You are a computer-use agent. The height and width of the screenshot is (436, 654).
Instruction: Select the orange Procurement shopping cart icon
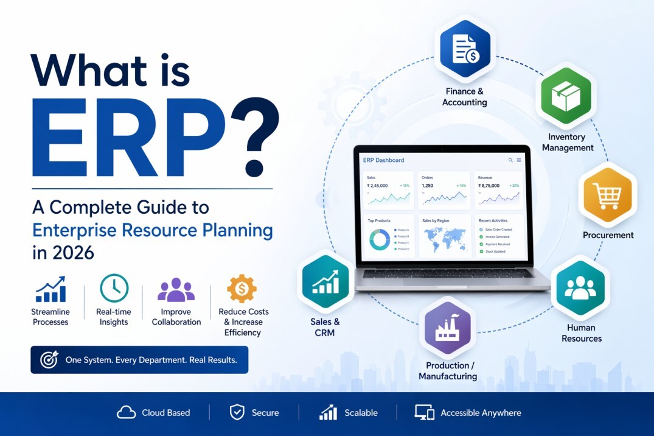pyautogui.click(x=607, y=195)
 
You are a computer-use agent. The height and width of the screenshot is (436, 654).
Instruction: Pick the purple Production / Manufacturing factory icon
pyautogui.click(x=448, y=328)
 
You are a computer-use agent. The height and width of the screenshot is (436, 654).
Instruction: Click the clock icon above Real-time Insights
pyautogui.click(x=114, y=289)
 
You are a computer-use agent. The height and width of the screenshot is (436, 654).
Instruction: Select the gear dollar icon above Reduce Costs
pyautogui.click(x=242, y=289)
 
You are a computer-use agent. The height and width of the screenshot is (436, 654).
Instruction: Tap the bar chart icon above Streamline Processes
pyautogui.click(x=50, y=289)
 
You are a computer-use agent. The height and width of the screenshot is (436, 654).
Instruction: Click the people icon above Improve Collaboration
pyautogui.click(x=176, y=290)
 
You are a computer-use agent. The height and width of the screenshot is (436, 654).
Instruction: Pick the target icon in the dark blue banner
pyautogui.click(x=49, y=360)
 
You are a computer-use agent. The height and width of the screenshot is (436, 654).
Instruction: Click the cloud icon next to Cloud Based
pyautogui.click(x=126, y=413)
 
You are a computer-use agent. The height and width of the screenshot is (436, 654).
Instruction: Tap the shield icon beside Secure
pyautogui.click(x=237, y=412)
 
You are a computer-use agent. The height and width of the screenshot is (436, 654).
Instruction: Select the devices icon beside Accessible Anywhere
pyautogui.click(x=424, y=412)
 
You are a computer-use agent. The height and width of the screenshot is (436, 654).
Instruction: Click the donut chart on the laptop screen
pyautogui.click(x=380, y=239)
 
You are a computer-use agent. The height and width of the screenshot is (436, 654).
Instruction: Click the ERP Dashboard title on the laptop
pyautogui.click(x=383, y=160)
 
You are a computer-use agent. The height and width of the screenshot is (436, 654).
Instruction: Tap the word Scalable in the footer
pyautogui.click(x=361, y=413)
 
